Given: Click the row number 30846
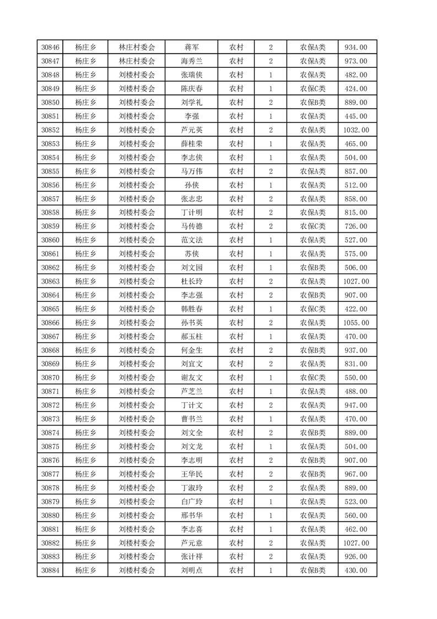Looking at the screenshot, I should [x=50, y=47].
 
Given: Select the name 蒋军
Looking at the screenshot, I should [x=191, y=47].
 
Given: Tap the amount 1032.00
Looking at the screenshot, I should [x=355, y=130].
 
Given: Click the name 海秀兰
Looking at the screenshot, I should [x=191, y=61].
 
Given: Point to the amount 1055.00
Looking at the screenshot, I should [x=355, y=323].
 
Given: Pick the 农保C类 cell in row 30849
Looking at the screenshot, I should [x=312, y=89].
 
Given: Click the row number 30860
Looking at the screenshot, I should [x=50, y=240].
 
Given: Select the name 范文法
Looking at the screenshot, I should [x=191, y=240].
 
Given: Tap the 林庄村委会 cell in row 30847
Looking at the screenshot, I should [x=137, y=61].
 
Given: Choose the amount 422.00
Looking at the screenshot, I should [x=355, y=309].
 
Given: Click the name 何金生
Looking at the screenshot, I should [x=191, y=350].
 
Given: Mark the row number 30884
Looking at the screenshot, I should [x=50, y=570].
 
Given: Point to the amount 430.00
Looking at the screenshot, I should [x=355, y=570].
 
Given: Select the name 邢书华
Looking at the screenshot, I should [x=191, y=515].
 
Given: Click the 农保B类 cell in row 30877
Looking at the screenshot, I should [x=312, y=474].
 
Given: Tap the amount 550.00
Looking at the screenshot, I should [x=355, y=378].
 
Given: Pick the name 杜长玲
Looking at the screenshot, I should [x=191, y=281].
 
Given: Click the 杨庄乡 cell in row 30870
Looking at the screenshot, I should [x=85, y=378].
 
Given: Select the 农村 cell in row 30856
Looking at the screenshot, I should [x=236, y=185].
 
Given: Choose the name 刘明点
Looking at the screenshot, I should [x=191, y=570].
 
